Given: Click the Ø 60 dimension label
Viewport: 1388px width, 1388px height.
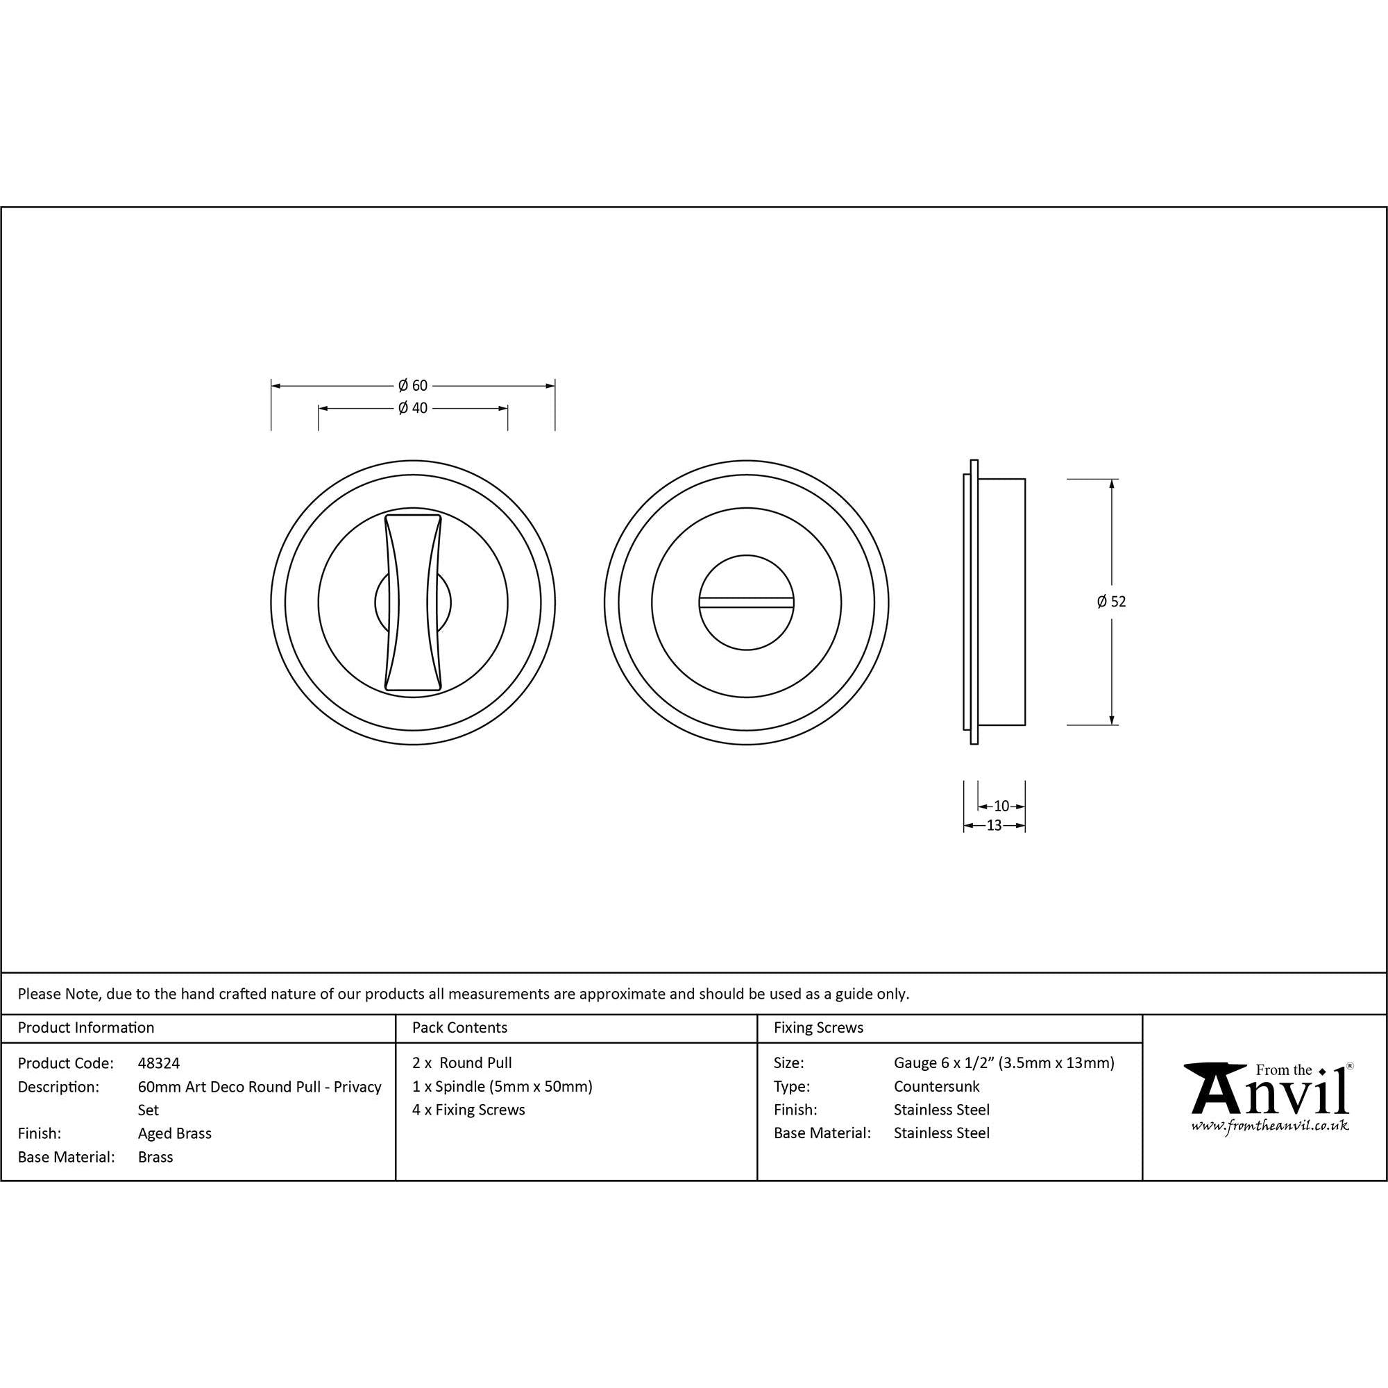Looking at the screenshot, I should point(412,386).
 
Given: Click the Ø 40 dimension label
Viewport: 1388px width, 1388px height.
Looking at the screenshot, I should point(412,408).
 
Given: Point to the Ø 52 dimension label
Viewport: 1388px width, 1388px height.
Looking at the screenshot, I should point(1111,602).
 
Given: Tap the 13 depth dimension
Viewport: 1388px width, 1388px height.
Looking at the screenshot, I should point(994,825).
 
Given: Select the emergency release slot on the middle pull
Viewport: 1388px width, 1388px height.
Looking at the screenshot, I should point(747,602).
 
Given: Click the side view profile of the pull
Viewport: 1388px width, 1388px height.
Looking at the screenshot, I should point(995,602).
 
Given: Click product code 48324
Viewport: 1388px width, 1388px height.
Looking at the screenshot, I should point(159,1063).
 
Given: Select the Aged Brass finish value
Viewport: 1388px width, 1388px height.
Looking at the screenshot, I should point(175,1133).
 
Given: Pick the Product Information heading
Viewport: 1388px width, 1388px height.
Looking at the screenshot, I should point(85,1027).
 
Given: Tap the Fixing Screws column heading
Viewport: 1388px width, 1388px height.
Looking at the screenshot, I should point(818,1027).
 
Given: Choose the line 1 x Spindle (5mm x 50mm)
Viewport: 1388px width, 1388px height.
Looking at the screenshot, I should point(502,1086).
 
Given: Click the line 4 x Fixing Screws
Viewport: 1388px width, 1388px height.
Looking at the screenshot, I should point(468,1109).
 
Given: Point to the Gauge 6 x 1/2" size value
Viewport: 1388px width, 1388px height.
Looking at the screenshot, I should point(1004,1063).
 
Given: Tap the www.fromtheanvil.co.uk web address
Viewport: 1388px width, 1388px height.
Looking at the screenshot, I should point(1269,1126).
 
